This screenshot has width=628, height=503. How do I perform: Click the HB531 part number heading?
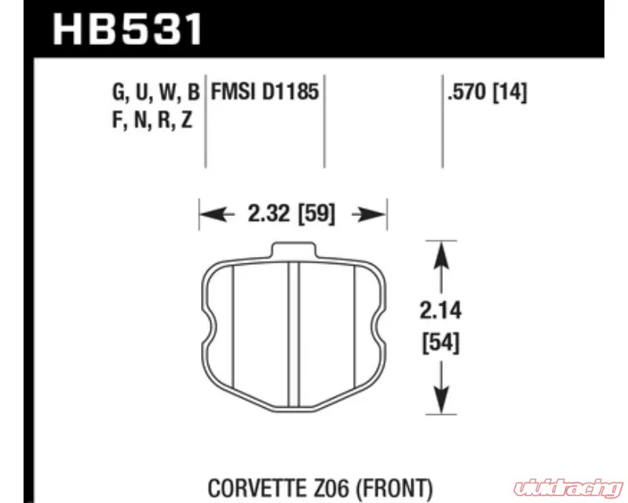tap(127, 30)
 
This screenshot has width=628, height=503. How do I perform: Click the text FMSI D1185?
tap(265, 91)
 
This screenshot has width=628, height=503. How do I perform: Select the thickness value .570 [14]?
tap(487, 92)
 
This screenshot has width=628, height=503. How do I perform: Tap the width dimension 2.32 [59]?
tap(291, 214)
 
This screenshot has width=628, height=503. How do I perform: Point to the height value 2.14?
tap(440, 310)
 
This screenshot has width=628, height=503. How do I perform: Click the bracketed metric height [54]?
tap(440, 343)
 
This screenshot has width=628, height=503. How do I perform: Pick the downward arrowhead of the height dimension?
tap(441, 399)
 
